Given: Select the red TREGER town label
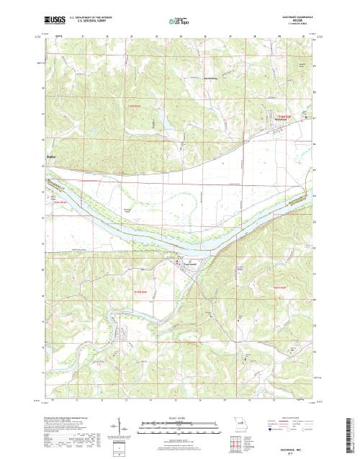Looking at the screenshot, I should tap(287, 116).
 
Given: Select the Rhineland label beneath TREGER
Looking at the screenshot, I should tap(286, 120).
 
